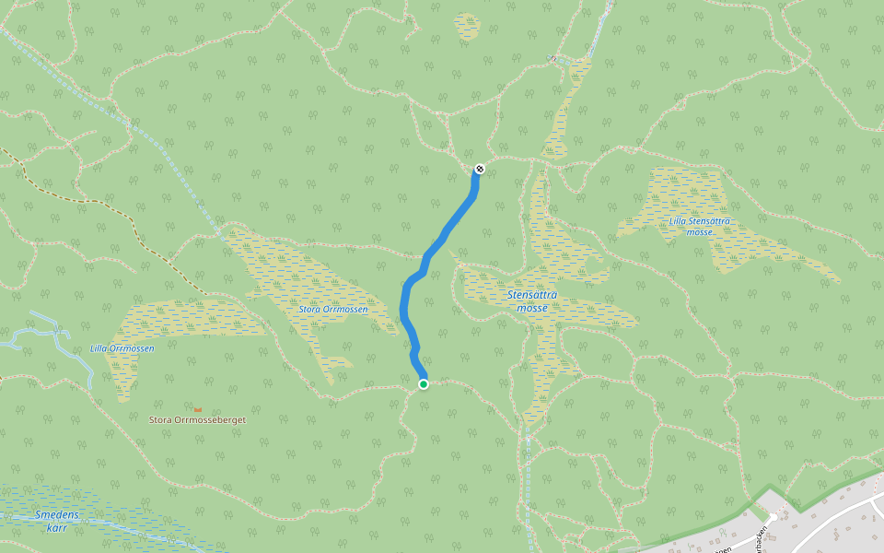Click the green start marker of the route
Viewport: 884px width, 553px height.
[423, 383]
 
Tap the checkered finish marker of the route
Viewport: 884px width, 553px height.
[479, 169]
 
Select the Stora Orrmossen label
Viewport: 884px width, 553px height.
[333, 310]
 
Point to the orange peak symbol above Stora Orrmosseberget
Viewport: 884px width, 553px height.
[198, 409]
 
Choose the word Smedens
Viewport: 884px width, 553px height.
[56, 514]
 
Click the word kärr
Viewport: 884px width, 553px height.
[57, 527]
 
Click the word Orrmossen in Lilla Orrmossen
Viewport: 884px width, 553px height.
[134, 348]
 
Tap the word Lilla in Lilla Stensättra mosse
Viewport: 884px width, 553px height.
[680, 221]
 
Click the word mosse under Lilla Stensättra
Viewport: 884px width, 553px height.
[701, 232]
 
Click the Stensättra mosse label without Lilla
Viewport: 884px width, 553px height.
[532, 301]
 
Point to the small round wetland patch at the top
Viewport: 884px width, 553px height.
[467, 26]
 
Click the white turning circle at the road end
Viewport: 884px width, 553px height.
[773, 516]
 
